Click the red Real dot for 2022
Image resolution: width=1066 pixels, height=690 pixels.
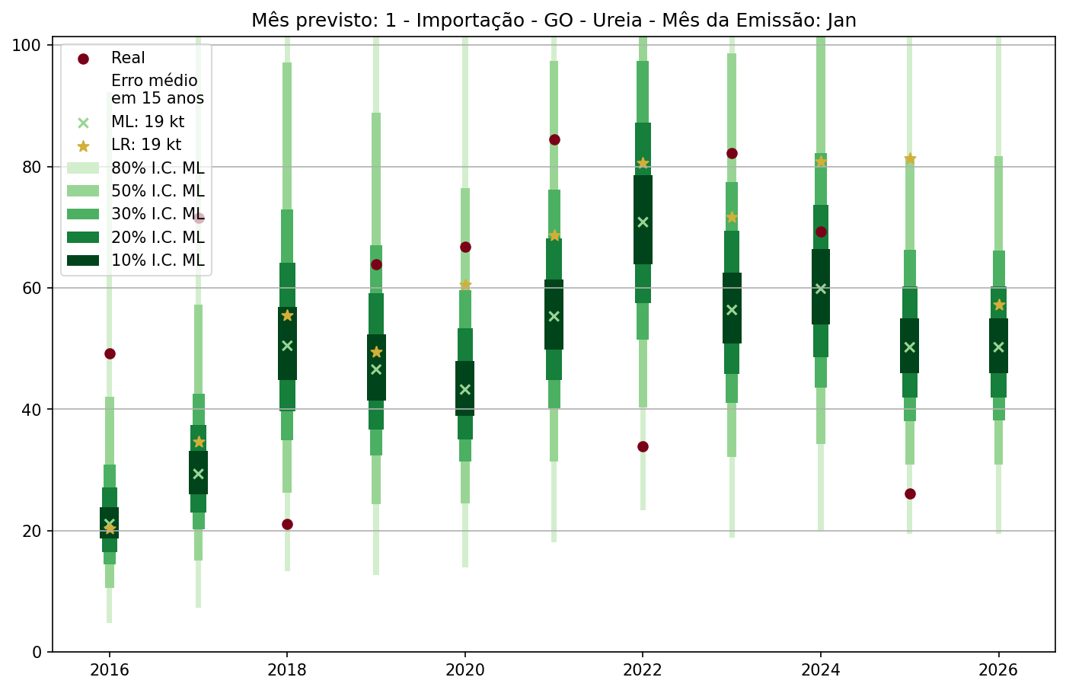[643, 446]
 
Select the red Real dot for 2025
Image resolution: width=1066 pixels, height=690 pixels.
[910, 494]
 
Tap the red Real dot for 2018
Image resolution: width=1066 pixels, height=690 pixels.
[287, 524]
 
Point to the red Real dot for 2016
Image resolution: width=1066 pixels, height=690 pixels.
[110, 353]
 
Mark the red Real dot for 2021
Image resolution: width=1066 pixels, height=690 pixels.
[554, 139]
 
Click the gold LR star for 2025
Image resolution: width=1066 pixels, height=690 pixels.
[910, 158]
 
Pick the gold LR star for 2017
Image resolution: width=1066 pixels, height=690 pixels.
[199, 442]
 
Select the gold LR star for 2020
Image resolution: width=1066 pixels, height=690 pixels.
[465, 285]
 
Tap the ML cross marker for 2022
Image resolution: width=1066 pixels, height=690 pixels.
[643, 222]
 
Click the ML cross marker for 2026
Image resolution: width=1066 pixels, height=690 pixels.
[999, 347]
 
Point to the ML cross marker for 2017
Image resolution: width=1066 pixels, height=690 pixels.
[199, 474]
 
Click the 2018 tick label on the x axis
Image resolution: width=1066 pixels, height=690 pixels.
[287, 670]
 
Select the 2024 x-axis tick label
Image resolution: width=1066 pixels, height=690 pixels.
[821, 670]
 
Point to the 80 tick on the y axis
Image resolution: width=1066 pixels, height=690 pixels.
[31, 167]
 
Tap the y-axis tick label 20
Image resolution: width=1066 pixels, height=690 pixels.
[31, 531]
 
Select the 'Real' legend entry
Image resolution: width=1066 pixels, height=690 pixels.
[128, 58]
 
